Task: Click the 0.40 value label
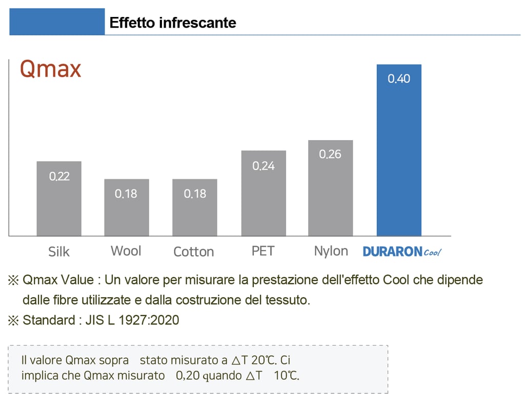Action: tap(399, 79)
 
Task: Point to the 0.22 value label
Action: tap(59, 177)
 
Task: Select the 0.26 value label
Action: tap(330, 155)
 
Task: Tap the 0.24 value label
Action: tap(264, 166)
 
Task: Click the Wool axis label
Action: tap(126, 251)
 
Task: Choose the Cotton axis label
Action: tap(194, 252)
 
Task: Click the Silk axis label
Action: tap(59, 252)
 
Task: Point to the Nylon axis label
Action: tap(331, 251)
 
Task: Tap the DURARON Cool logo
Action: tap(402, 252)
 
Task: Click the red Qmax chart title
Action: tap(50, 69)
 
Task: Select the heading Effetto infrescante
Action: tap(173, 23)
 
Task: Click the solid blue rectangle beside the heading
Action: tap(57, 22)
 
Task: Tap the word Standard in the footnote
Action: tap(49, 320)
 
